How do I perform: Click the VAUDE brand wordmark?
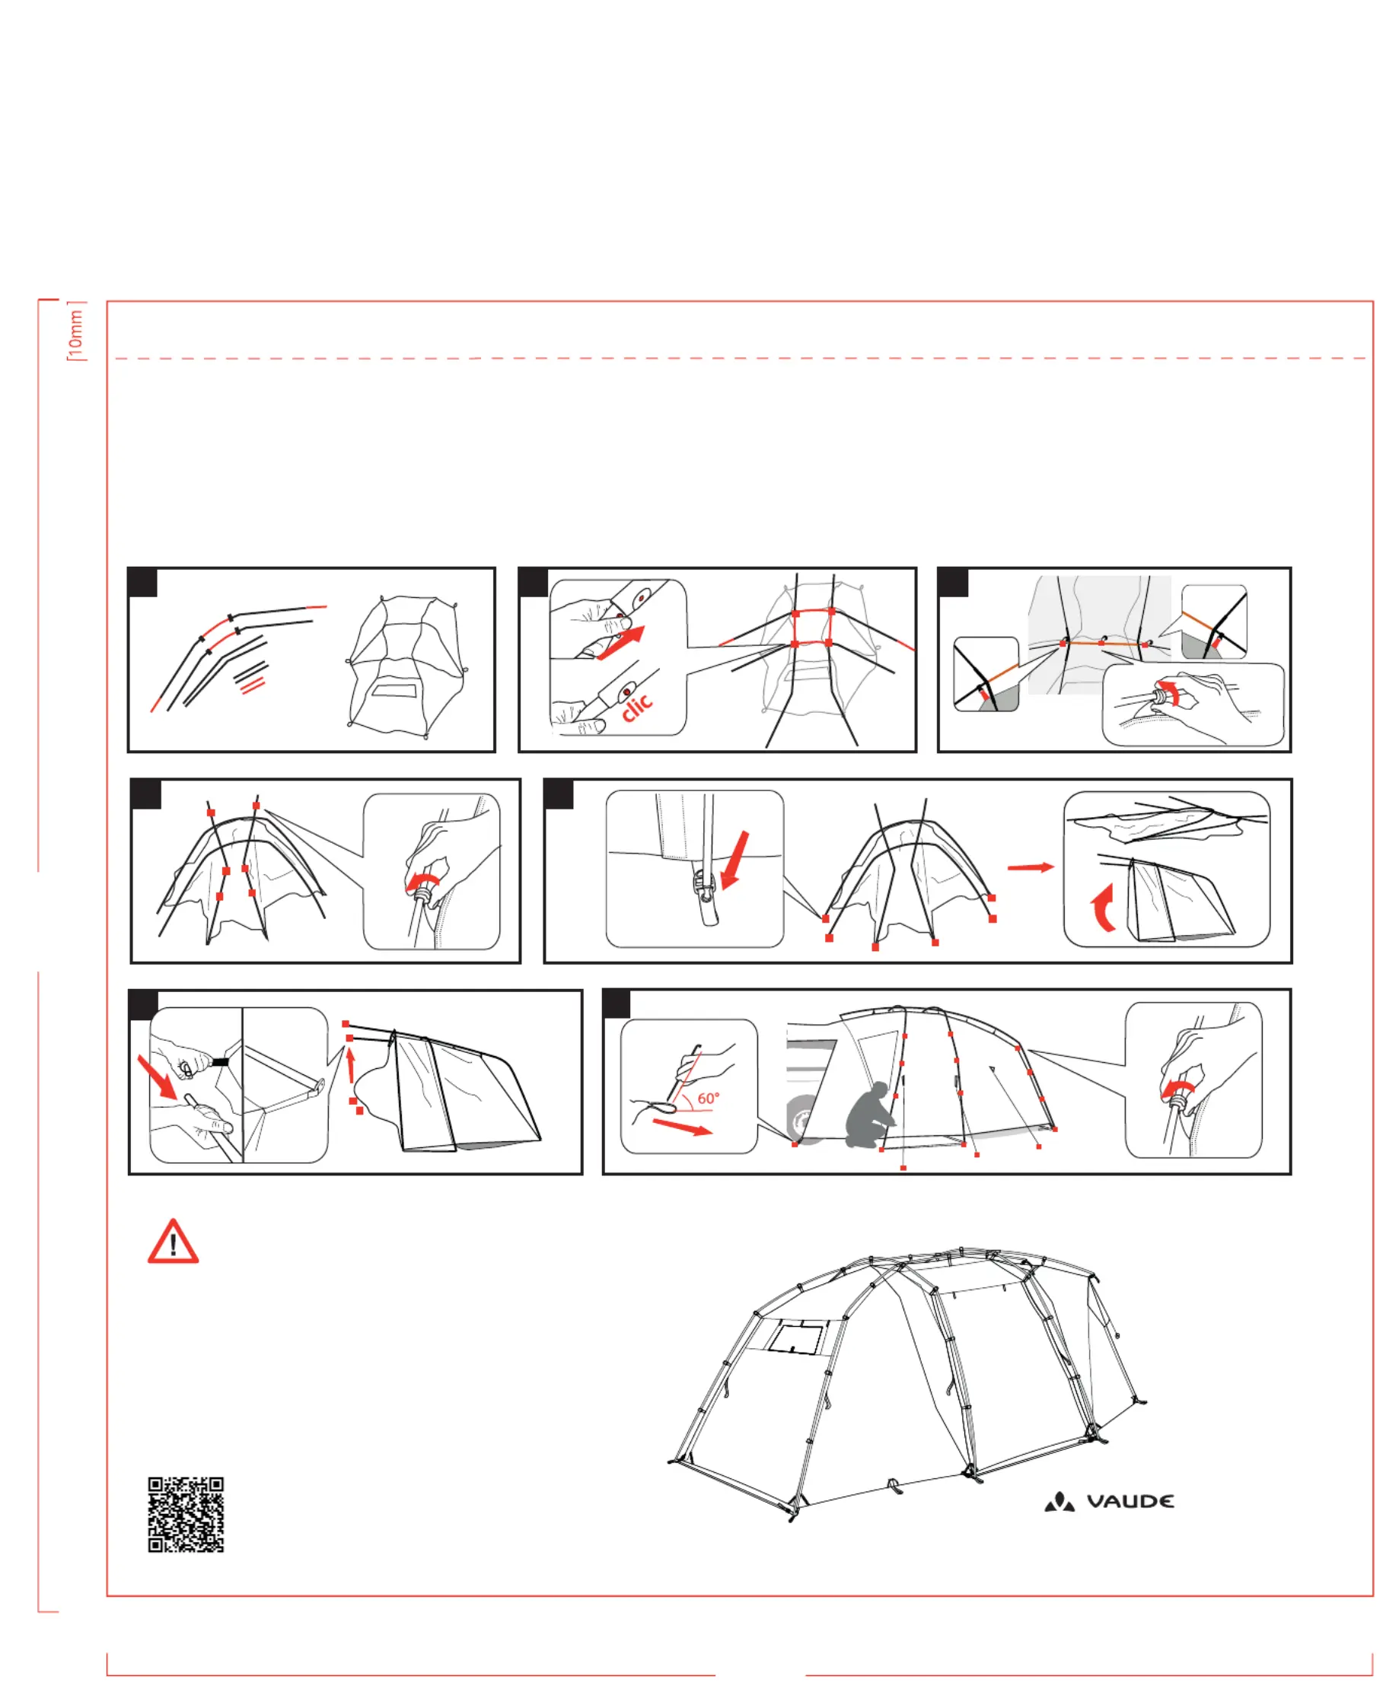[1130, 1501]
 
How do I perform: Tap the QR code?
[186, 1514]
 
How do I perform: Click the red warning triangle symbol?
[174, 1242]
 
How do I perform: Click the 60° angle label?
[708, 1099]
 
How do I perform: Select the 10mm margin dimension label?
[76, 332]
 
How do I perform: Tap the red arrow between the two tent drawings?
[1031, 867]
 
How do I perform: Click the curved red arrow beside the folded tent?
[1103, 907]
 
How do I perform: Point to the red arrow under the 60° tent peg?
[682, 1126]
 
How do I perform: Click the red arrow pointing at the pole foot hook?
[735, 860]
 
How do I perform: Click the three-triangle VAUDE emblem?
[1059, 1501]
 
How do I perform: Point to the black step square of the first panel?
[143, 583]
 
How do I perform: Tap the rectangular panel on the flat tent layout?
[395, 689]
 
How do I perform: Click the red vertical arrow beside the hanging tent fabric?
[349, 1064]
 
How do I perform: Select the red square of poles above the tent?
[813, 628]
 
